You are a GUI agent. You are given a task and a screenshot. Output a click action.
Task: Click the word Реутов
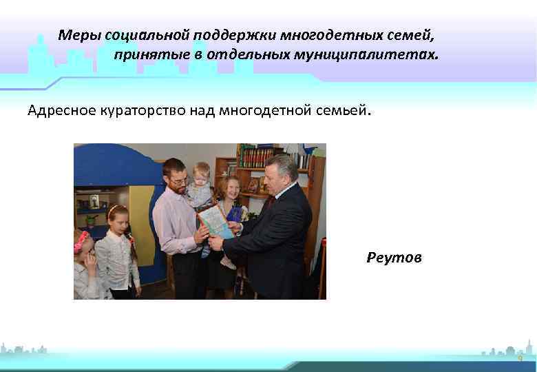tap(394, 258)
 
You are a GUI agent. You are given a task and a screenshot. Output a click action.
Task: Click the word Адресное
tap(61, 110)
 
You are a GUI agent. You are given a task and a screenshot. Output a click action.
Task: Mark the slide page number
tap(520, 360)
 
